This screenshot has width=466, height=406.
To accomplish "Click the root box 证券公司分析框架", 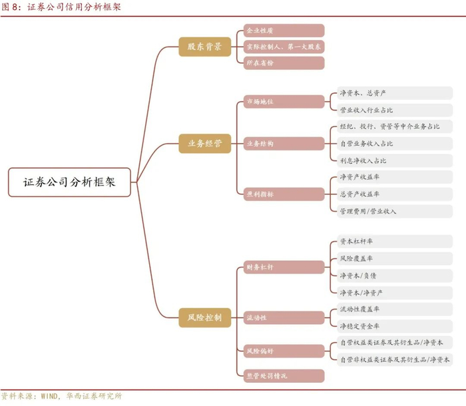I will [69, 182].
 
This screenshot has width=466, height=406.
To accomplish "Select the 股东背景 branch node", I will [204, 47].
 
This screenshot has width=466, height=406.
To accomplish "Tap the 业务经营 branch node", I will [204, 142].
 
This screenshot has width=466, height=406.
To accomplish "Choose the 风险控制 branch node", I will [204, 317].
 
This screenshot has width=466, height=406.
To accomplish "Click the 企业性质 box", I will [283, 31].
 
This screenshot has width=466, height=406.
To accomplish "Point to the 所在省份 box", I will [283, 63].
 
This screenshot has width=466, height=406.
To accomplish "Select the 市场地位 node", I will [283, 102].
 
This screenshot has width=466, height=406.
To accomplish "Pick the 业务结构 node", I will [283, 143].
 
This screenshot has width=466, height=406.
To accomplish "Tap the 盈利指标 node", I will [283, 194].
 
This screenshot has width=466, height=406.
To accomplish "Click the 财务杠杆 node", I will [283, 267].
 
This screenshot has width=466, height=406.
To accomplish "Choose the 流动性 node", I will [283, 317].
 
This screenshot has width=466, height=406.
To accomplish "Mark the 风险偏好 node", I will [283, 350].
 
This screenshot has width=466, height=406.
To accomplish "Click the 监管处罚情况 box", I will [283, 375].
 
